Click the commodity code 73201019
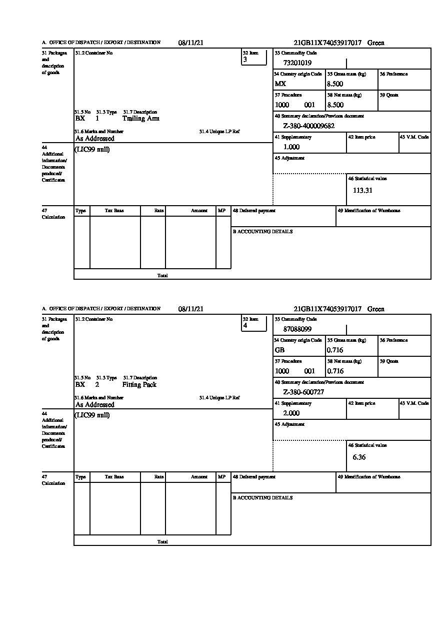297,63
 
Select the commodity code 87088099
297,329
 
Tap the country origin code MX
280,84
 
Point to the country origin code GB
279,350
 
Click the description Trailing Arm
141,119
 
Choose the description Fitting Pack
139,385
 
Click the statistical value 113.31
362,190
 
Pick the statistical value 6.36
359,457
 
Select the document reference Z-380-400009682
308,126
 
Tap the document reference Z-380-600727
303,392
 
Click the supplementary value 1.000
291,147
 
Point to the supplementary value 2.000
291,413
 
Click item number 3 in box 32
245,60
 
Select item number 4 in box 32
245,326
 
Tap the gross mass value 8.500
335,84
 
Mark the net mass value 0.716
335,371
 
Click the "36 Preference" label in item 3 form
393,74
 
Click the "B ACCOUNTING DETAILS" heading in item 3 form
262,232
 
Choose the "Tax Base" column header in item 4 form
114,477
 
